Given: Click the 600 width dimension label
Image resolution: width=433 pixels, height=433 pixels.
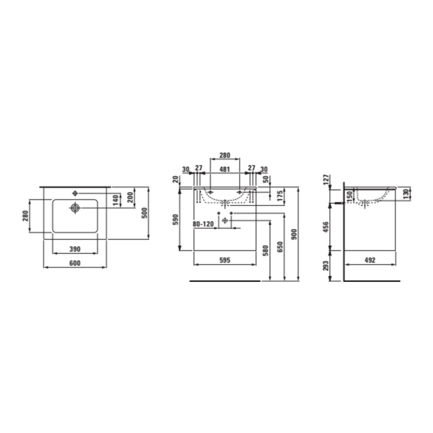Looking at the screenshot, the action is [75, 263].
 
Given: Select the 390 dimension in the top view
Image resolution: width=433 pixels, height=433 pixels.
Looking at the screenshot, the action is [75, 249].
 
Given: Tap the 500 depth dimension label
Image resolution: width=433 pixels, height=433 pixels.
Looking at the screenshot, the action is [145, 213].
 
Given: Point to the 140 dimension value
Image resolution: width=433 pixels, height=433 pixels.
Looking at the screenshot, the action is [116, 200].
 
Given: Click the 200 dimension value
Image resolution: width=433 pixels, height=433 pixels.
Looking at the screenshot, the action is [130, 197].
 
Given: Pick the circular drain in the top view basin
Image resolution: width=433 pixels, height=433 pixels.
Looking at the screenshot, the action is [75, 208].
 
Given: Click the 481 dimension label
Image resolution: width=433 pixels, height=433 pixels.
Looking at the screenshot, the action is [225, 169].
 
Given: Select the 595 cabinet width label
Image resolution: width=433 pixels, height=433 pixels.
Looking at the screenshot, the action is [225, 260].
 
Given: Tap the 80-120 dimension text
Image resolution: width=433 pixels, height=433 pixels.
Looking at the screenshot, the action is [203, 224].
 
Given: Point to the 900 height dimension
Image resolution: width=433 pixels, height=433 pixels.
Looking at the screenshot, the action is [294, 234].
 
